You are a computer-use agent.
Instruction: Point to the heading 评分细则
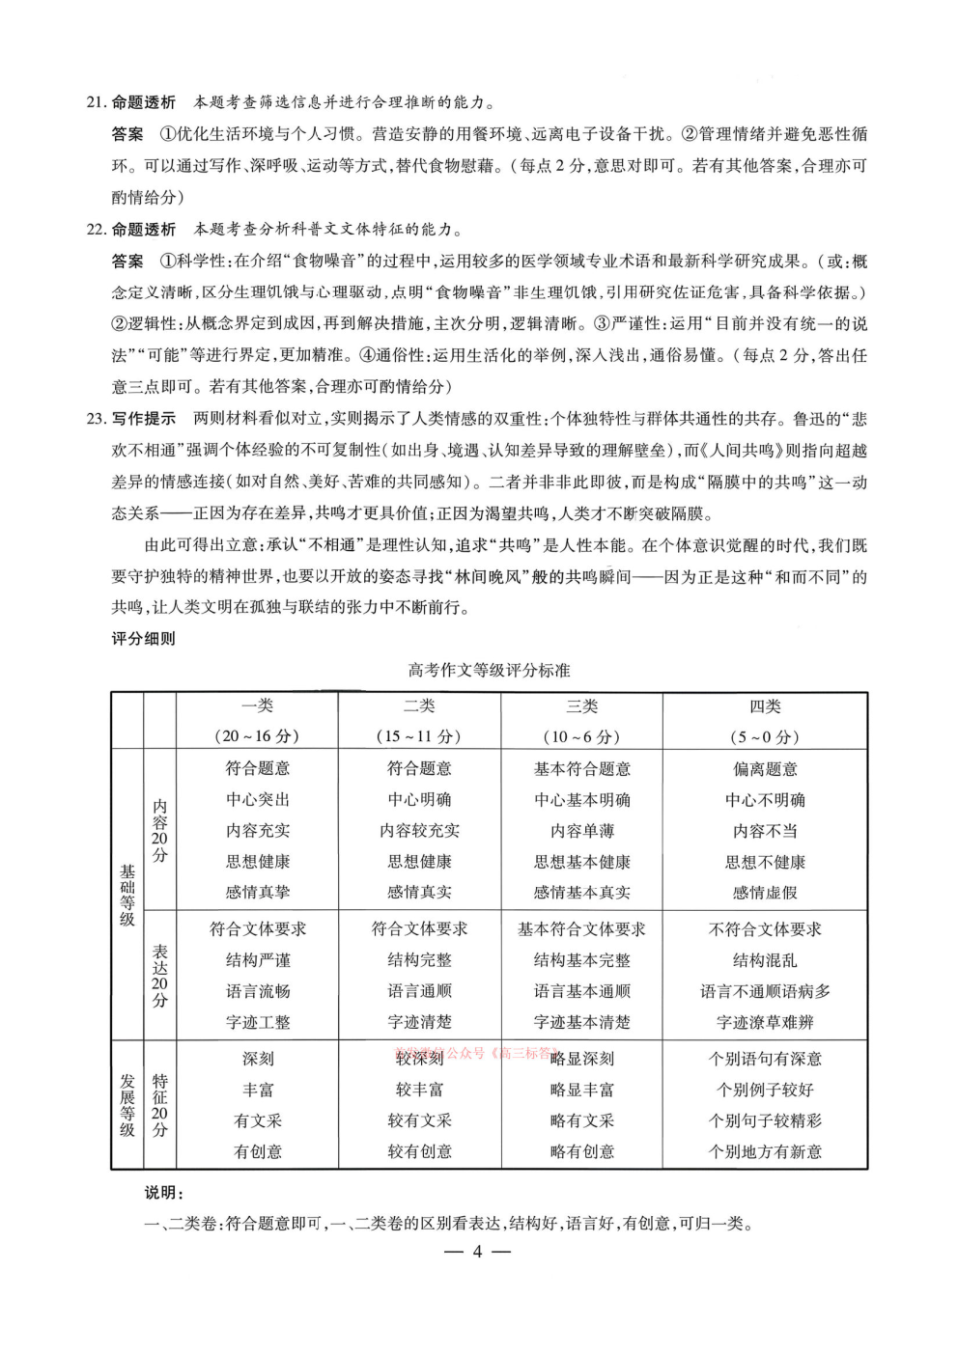click(144, 638)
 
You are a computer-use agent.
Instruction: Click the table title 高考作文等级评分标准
click(489, 670)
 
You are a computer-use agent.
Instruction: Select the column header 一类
click(257, 706)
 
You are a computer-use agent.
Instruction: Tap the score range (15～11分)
click(419, 736)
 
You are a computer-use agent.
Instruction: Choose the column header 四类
click(765, 706)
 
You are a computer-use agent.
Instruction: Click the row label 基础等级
click(127, 895)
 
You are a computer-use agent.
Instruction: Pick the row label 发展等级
click(127, 1104)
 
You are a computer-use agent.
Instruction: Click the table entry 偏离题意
click(765, 769)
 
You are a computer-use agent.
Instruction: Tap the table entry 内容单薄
click(581, 831)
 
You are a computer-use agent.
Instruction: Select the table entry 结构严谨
click(257, 960)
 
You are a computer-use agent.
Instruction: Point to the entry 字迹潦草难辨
click(765, 1022)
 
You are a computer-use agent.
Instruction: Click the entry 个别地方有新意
click(765, 1151)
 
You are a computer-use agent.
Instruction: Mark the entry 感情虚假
click(765, 893)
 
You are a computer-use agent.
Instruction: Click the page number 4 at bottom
click(477, 1253)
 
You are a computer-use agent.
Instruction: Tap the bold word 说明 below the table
click(163, 1194)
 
